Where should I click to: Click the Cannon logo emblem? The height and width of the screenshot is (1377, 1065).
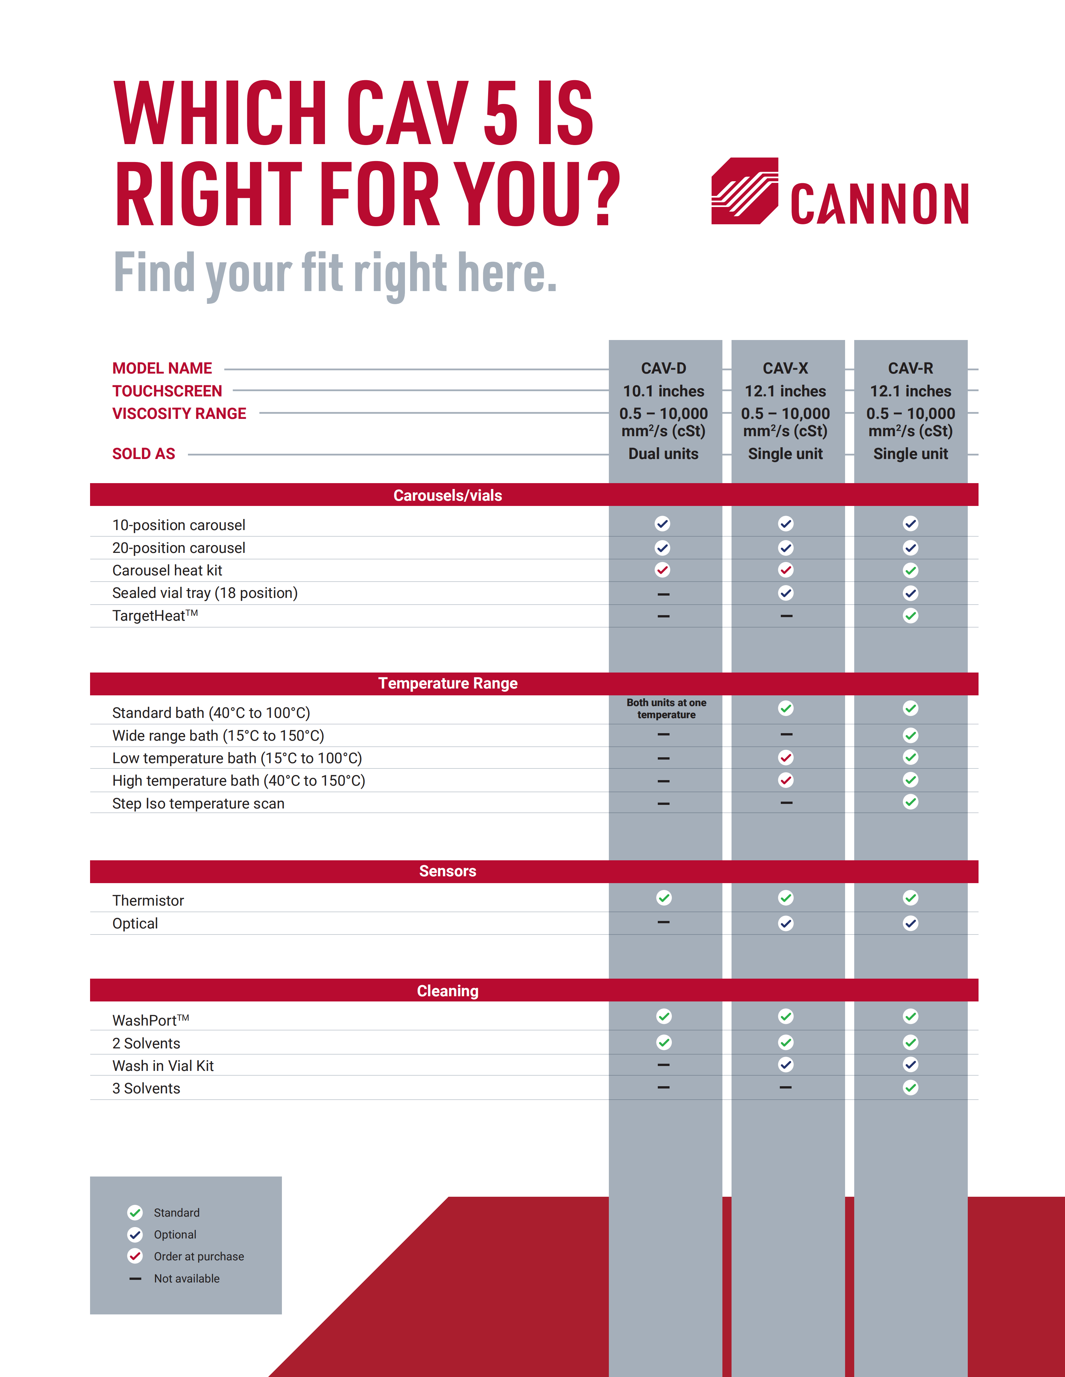point(745,191)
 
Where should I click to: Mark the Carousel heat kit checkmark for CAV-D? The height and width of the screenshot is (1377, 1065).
point(662,570)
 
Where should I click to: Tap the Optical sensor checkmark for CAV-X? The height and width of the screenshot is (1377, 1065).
point(785,924)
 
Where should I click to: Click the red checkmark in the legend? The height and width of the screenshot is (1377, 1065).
point(135,1256)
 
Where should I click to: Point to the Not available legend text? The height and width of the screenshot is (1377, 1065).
point(187,1279)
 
